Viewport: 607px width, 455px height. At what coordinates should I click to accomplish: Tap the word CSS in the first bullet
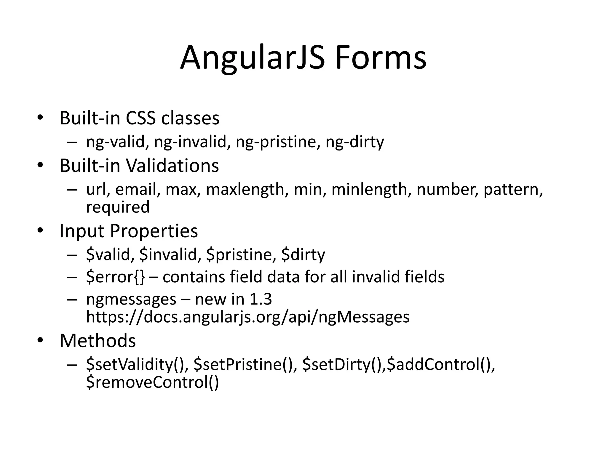[140, 118]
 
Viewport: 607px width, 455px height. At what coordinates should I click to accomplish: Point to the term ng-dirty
[354, 142]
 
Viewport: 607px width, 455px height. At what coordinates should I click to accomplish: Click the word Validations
[173, 165]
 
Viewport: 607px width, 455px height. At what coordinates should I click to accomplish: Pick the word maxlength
[245, 189]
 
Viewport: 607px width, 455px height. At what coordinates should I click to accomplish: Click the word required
[118, 207]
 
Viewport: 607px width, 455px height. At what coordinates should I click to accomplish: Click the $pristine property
[239, 254]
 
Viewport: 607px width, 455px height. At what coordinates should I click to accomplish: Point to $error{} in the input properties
[116, 277]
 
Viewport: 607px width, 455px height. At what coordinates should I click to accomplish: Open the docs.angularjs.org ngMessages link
[248, 317]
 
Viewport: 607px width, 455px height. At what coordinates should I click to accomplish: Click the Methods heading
[98, 341]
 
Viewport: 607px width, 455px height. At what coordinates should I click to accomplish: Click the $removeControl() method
[152, 382]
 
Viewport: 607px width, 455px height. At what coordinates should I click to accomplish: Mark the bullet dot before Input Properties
[40, 230]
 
